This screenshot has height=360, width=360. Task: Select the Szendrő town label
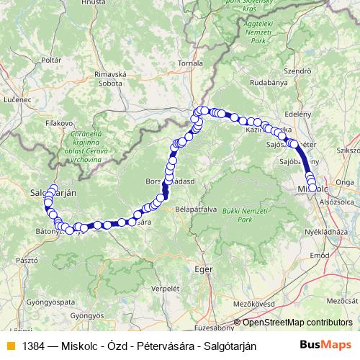(x=297, y=72)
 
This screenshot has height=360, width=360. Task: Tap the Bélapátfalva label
(x=194, y=210)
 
